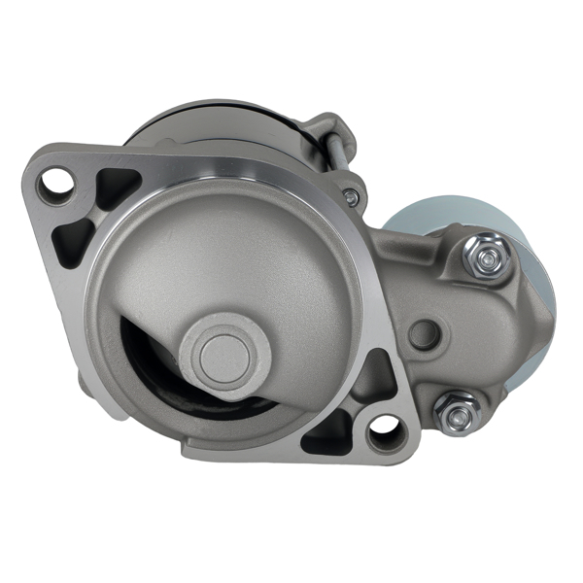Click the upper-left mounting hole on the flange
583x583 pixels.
(59, 184)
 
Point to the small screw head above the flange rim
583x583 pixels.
(351, 198)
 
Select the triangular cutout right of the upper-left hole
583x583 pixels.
(118, 187)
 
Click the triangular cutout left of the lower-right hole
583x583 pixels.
(325, 433)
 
